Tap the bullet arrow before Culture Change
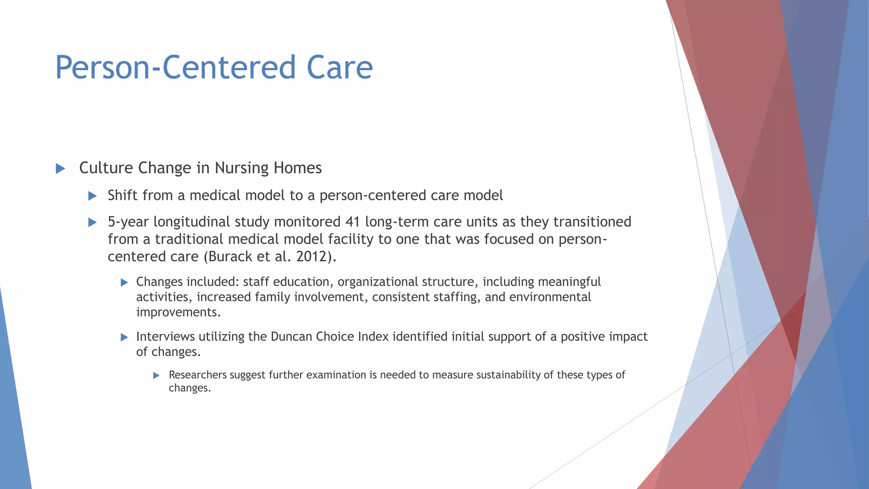coord(60,169)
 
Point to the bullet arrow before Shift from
coord(92,196)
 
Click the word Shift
coord(123,195)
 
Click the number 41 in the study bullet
coord(353,222)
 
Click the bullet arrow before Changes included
coord(124,282)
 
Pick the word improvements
coord(178,312)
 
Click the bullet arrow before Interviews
coord(124,337)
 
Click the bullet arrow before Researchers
coord(156,375)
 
